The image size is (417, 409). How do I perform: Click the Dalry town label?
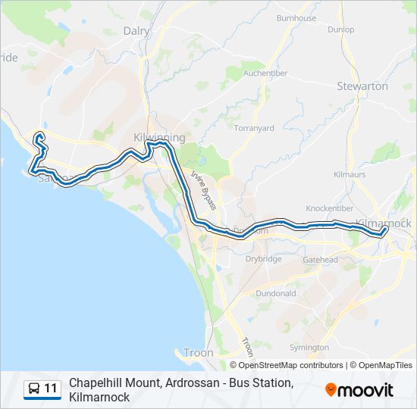[x=136, y=31]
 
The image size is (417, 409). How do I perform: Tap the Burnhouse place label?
[x=296, y=17]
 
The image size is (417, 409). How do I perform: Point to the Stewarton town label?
[x=362, y=86]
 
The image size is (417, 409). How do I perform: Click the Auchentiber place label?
[x=265, y=74]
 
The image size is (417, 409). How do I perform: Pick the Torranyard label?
[x=254, y=128]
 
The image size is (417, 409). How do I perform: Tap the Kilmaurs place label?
[x=350, y=174]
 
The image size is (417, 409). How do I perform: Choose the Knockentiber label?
[x=330, y=208]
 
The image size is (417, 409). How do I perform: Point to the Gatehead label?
[x=320, y=259]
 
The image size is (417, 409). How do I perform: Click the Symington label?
[x=309, y=348]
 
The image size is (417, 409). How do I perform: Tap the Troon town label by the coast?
[x=199, y=353]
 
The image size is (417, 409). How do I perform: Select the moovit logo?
[x=359, y=390]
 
